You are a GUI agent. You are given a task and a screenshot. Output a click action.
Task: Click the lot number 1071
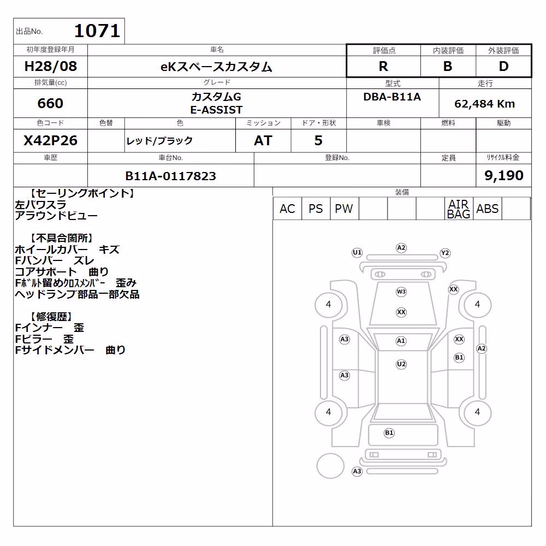pos(97,31)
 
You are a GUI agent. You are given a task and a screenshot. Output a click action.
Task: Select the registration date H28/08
pos(50,66)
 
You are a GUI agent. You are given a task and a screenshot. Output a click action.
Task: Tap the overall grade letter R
pos(383,66)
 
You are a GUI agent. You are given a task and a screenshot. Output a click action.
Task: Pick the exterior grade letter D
pos(503,66)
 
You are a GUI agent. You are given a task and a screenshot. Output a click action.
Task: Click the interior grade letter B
pos(448,66)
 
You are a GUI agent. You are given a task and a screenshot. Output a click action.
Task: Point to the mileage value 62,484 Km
pos(484,104)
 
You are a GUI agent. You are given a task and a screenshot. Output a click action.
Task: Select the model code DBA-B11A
pos(392,97)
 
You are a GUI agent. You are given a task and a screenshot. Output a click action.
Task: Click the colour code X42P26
pos(50,140)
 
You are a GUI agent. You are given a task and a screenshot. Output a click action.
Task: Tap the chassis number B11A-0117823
pos(170,176)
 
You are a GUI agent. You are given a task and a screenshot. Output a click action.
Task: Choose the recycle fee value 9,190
pos(503,175)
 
